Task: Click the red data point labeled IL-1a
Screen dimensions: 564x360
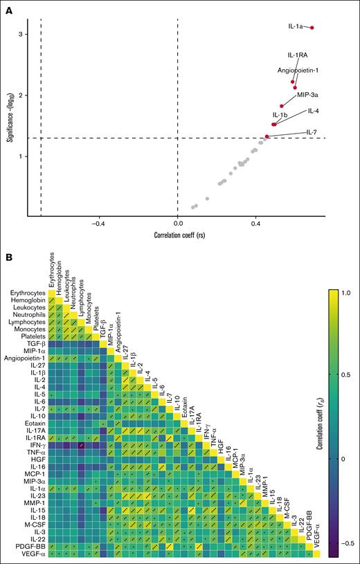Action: click(312, 28)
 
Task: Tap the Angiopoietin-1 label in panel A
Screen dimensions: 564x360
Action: click(298, 70)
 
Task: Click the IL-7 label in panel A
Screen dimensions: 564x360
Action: click(312, 132)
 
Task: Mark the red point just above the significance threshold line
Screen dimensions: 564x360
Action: click(267, 137)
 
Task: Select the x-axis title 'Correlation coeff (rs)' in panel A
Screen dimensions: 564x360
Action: click(178, 235)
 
